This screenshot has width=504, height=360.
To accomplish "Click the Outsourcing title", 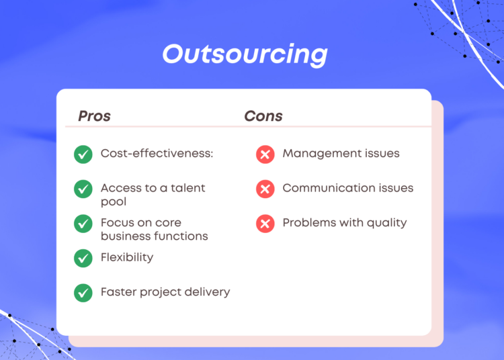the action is (x=245, y=54).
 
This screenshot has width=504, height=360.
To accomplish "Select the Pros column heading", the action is (x=95, y=116).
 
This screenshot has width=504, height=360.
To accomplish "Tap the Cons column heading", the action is (x=263, y=116).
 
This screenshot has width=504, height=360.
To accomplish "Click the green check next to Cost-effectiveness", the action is (x=83, y=154).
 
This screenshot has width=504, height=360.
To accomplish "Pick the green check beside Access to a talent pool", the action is (x=83, y=189).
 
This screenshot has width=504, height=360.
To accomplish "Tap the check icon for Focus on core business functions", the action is (x=83, y=224).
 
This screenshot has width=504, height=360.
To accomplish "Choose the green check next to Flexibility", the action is (x=83, y=258).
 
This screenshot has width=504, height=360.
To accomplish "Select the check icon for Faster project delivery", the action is (x=83, y=293).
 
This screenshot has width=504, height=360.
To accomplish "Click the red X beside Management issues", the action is (x=265, y=154).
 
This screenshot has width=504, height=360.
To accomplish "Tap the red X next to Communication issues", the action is (x=265, y=189).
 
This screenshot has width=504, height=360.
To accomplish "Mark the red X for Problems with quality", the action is (x=265, y=224).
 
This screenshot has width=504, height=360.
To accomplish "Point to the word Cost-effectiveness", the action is (x=156, y=153).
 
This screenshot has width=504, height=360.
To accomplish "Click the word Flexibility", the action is (x=127, y=257).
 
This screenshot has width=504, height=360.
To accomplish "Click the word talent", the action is (x=187, y=188).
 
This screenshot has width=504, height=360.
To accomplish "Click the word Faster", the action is (x=118, y=292).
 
